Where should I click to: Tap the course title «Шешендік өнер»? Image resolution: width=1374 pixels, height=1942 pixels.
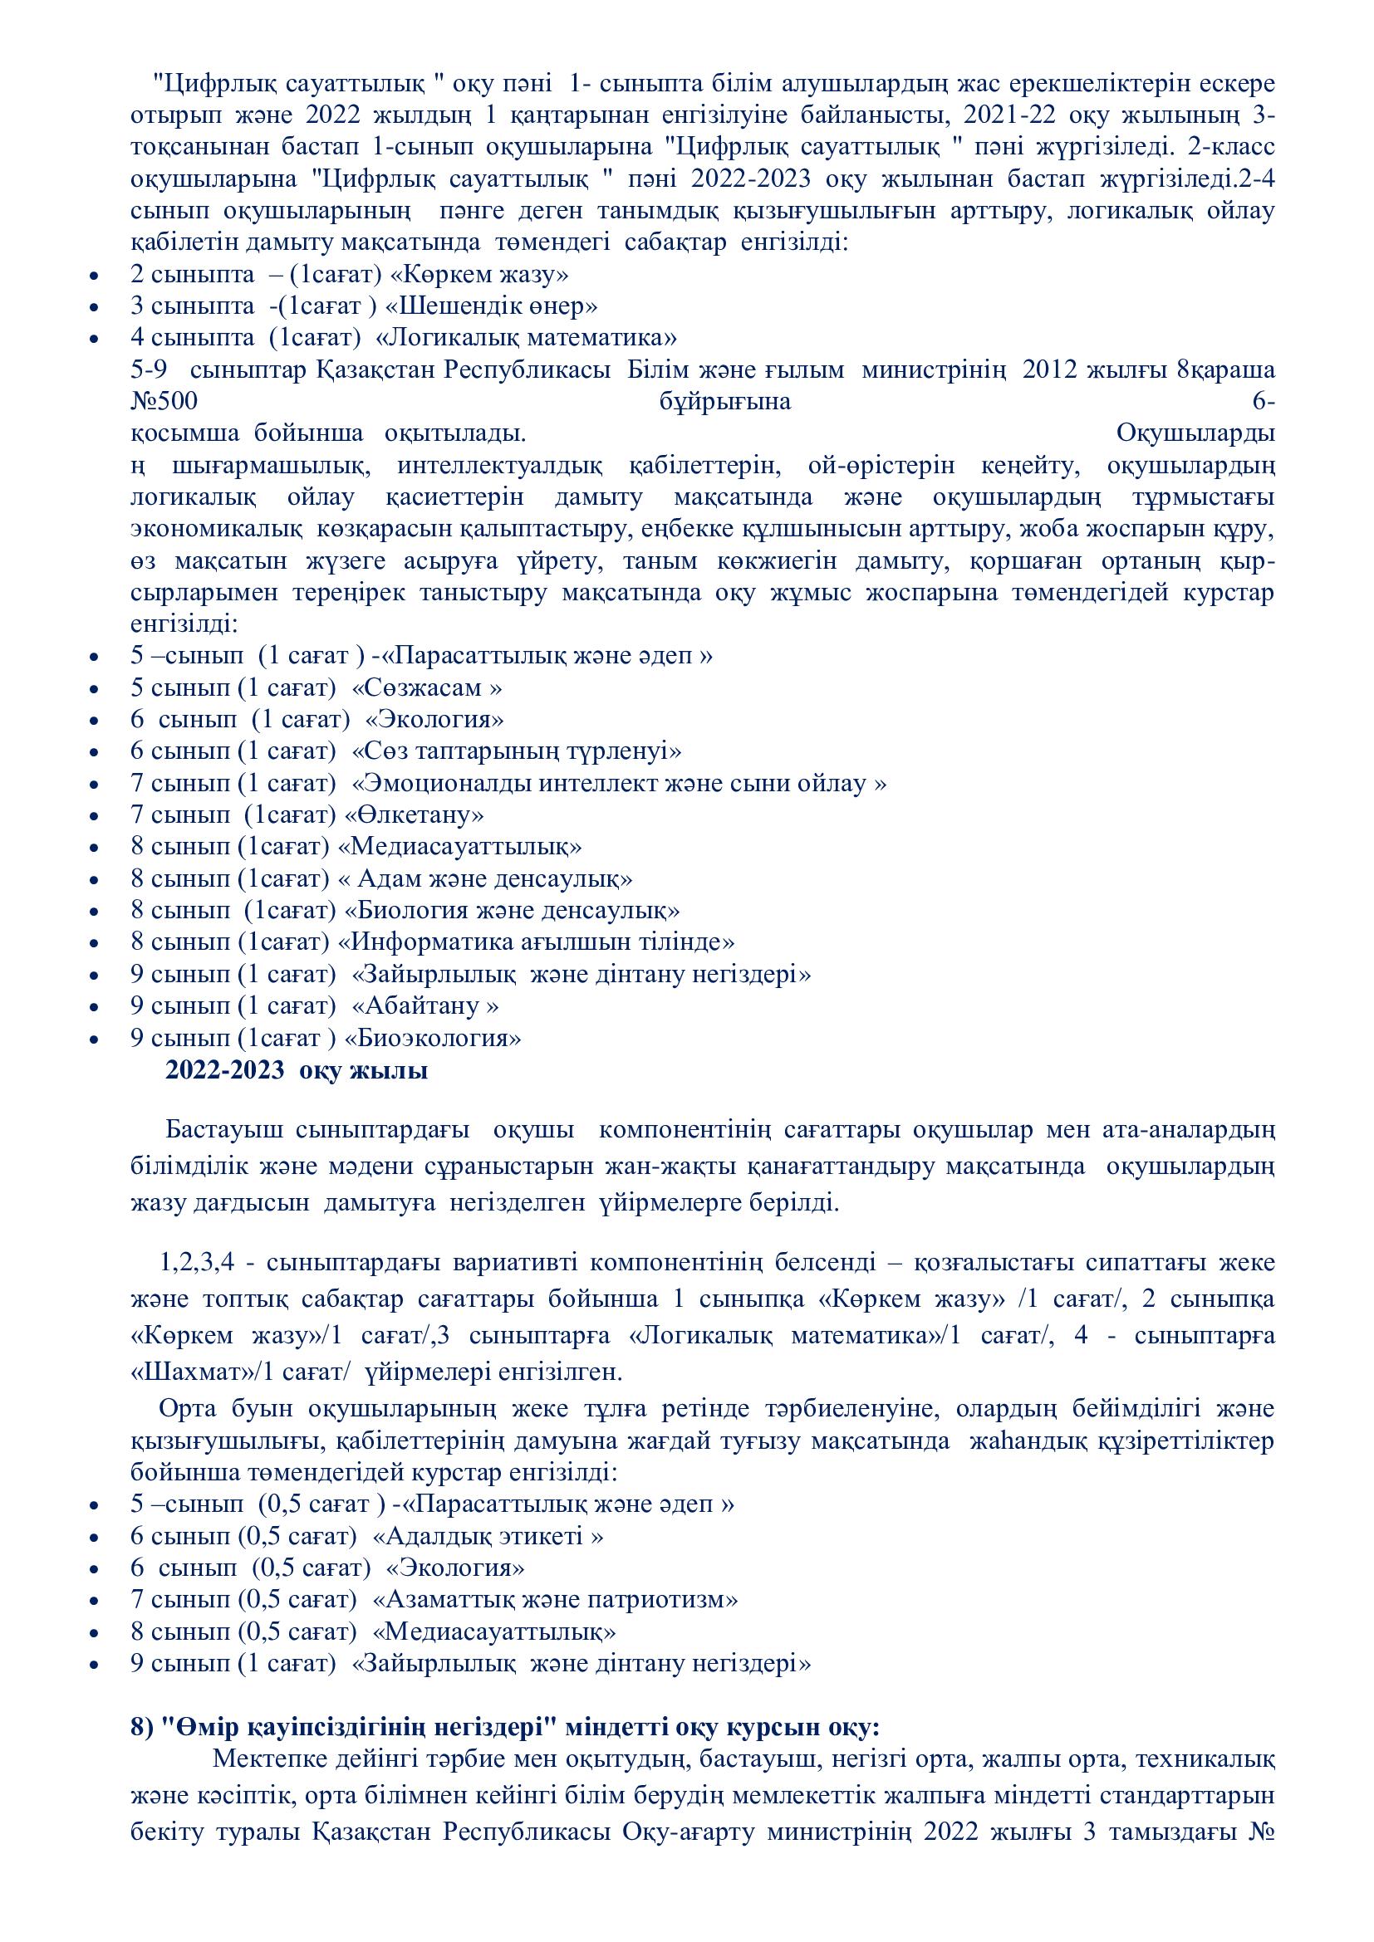[x=492, y=306]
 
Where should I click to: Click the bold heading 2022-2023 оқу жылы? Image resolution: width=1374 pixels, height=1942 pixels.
[x=296, y=1071]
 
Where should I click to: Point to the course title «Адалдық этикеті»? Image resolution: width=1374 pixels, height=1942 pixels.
[x=488, y=1537]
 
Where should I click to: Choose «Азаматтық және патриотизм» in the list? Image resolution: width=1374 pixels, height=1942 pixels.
[x=556, y=1600]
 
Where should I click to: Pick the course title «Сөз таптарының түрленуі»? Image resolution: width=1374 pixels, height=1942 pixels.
[x=516, y=751]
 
